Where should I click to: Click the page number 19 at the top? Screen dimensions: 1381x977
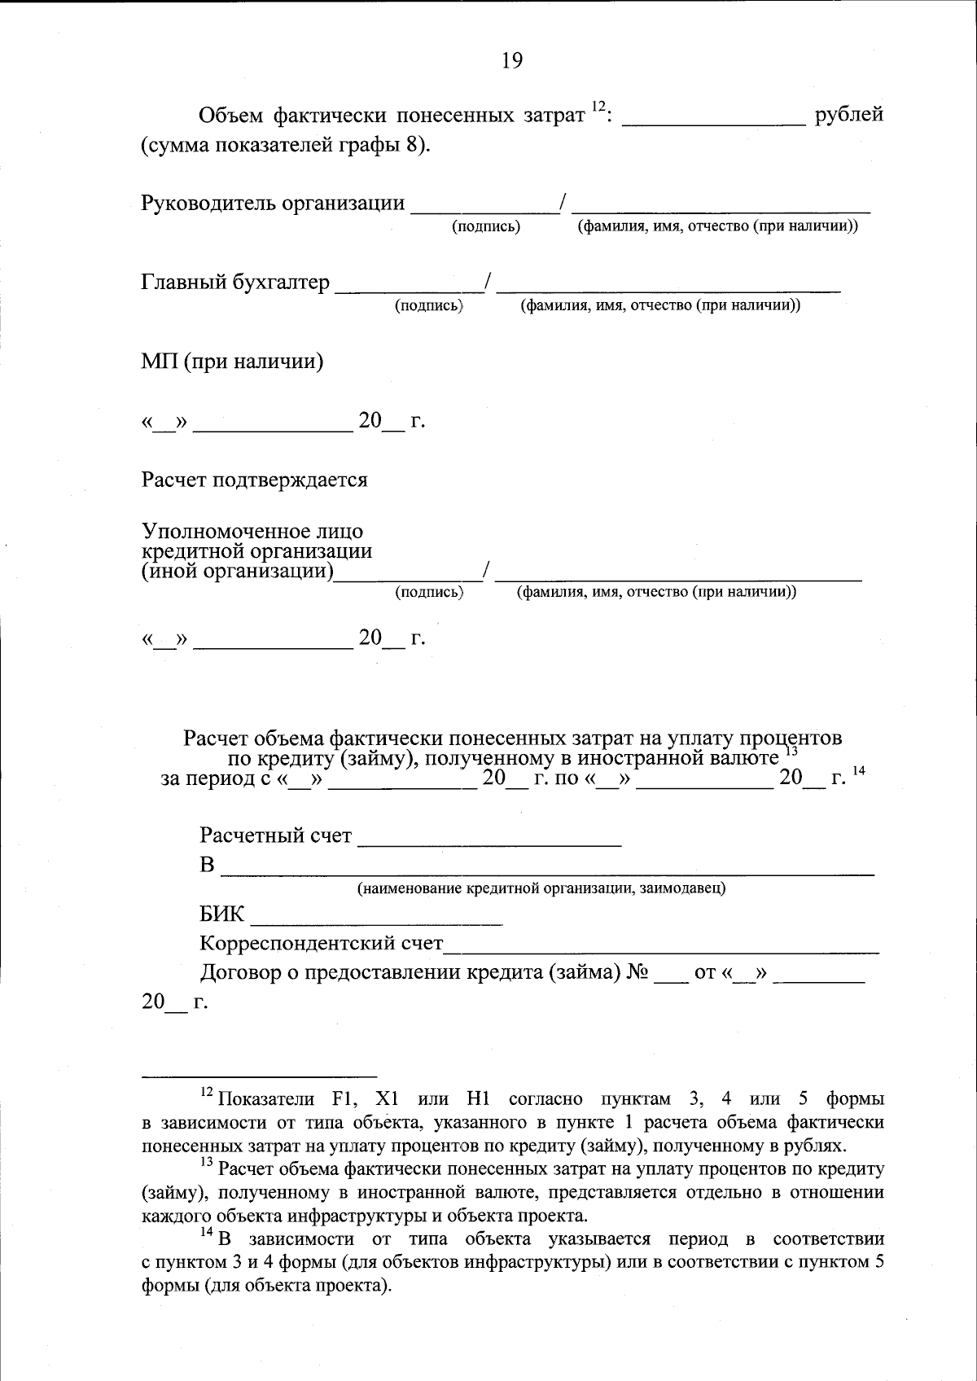512,60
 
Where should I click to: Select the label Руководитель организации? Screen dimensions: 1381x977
273,203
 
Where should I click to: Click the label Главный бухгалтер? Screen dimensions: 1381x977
236,283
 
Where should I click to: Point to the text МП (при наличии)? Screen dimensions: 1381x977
233,362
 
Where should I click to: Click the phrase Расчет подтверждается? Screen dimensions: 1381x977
254,480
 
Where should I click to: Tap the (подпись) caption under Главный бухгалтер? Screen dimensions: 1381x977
429,306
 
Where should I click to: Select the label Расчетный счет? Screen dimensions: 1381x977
276,835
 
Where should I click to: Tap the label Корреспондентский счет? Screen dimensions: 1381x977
322,944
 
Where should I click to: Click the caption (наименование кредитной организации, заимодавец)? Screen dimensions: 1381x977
541,888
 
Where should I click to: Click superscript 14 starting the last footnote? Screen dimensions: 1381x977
206,1234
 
